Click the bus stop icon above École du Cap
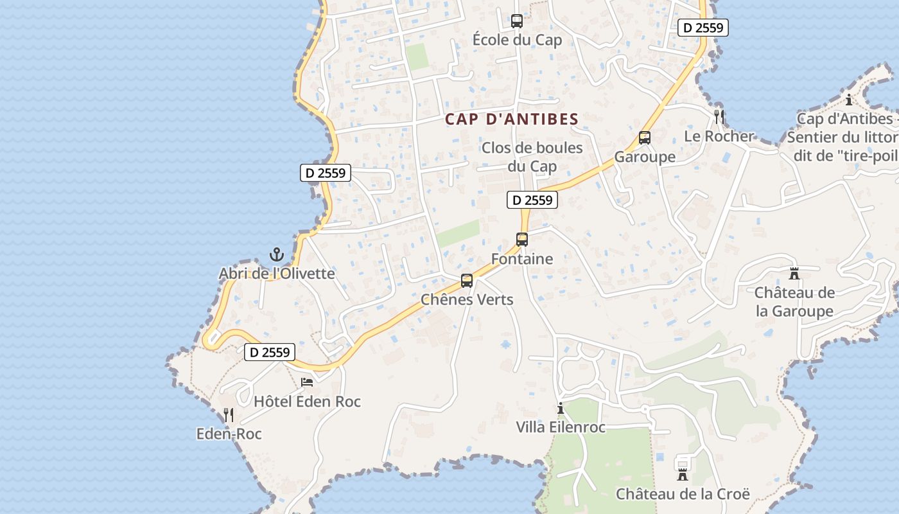click(517, 21)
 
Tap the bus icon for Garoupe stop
click(645, 137)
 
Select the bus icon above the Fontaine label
click(522, 240)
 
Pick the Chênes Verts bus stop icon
click(467, 281)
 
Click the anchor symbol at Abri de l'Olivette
click(277, 254)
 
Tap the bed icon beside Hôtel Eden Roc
click(308, 382)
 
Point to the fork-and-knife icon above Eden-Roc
click(228, 415)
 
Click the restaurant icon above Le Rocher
click(719, 117)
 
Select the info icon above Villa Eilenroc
click(561, 408)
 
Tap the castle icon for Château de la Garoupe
click(794, 274)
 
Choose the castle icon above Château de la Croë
click(682, 475)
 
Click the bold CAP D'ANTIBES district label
click(512, 120)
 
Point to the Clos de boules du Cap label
click(532, 157)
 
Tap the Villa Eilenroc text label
click(561, 427)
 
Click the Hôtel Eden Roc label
click(308, 402)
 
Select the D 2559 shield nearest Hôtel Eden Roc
click(270, 352)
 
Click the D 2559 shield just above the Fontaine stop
click(532, 200)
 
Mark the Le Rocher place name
click(719, 136)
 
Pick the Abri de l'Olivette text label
click(277, 274)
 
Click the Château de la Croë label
click(683, 494)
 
